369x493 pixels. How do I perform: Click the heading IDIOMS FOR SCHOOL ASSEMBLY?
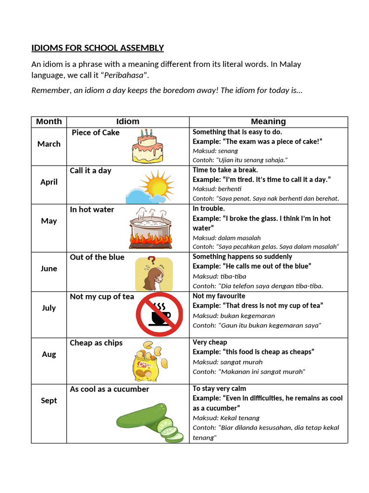click(x=98, y=48)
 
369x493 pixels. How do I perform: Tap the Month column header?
click(x=49, y=121)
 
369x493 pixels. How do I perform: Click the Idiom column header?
click(x=127, y=121)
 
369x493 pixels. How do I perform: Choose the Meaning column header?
click(x=268, y=121)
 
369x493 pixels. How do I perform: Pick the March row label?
click(x=49, y=144)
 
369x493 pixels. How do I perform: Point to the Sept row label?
click(x=49, y=401)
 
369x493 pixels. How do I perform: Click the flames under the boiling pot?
click(x=150, y=239)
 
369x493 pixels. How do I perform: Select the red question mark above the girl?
click(x=151, y=261)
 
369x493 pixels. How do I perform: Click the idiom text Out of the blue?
click(x=97, y=257)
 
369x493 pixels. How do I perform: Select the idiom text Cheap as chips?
click(x=96, y=343)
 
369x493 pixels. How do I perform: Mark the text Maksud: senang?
click(x=215, y=151)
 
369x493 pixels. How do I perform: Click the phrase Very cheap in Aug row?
click(x=209, y=342)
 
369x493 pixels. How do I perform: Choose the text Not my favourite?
click(x=219, y=296)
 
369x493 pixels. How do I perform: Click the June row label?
click(x=49, y=269)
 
